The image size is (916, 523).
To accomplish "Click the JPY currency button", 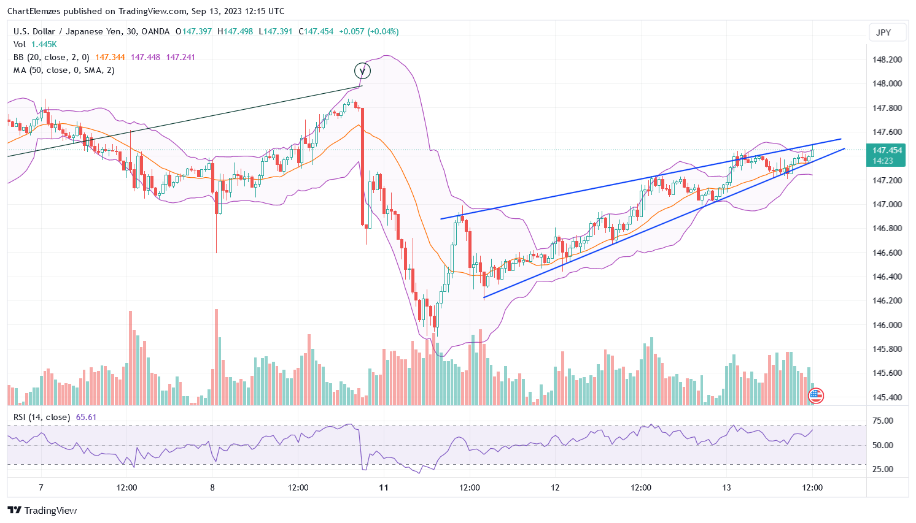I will point(883,32).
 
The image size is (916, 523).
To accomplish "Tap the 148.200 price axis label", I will point(887,60).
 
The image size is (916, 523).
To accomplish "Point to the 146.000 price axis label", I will point(887,325).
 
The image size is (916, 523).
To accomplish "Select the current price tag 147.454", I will point(887,150).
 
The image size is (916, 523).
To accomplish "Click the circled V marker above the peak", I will point(363,71).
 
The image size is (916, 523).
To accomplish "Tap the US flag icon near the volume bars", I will point(815,396).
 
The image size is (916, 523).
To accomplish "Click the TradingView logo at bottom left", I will point(42,510).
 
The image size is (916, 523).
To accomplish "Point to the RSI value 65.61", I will point(86,417).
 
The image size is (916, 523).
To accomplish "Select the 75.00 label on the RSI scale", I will point(883,421).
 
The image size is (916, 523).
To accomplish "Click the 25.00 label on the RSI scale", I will point(883,469).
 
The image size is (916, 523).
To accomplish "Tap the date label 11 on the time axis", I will point(384,488).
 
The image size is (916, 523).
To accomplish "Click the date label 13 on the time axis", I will point(726,488).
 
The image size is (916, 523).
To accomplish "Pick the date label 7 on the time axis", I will point(41,488).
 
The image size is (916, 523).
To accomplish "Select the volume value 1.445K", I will point(44,44).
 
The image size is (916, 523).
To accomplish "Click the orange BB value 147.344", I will point(110,57).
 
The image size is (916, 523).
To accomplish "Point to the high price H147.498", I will point(235,31).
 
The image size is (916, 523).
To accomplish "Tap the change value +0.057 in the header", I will point(351,31).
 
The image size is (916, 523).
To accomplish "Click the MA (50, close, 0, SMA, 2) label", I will point(64,70).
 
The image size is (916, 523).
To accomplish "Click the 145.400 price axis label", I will point(887,397).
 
